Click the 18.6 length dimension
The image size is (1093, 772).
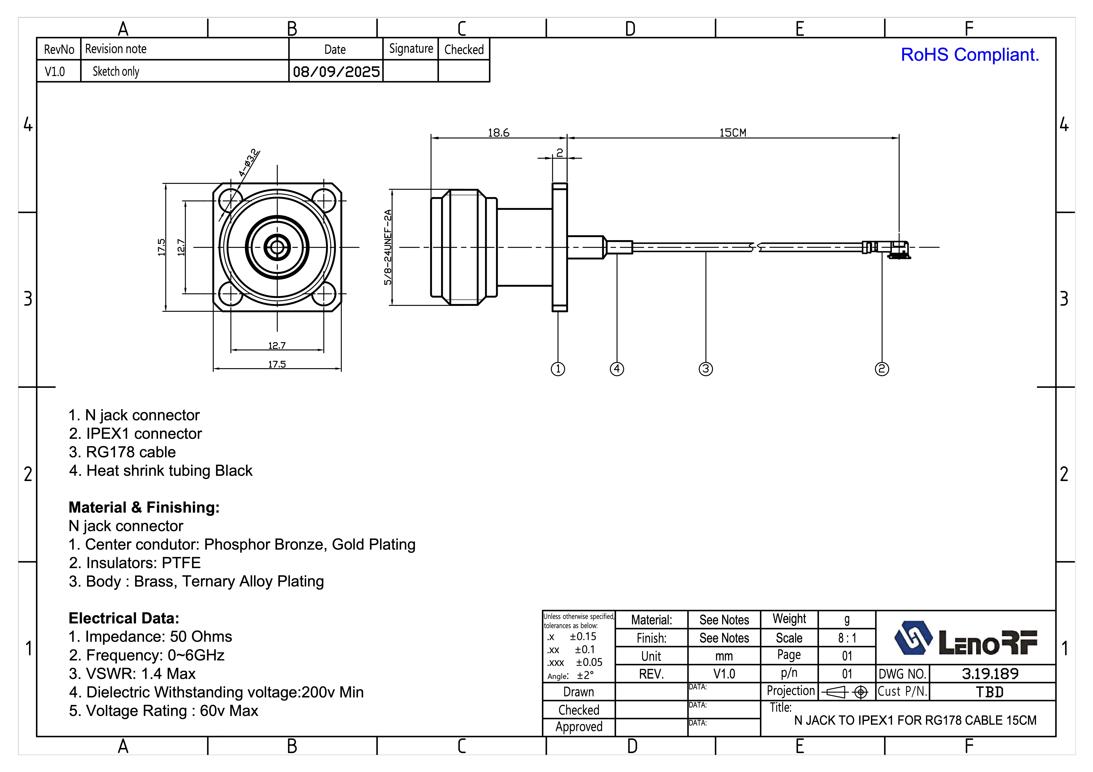(x=498, y=133)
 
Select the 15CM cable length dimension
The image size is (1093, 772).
(x=733, y=133)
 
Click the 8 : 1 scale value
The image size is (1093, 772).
(x=847, y=638)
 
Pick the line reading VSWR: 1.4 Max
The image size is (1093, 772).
(x=132, y=674)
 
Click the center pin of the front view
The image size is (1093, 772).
(x=277, y=247)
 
